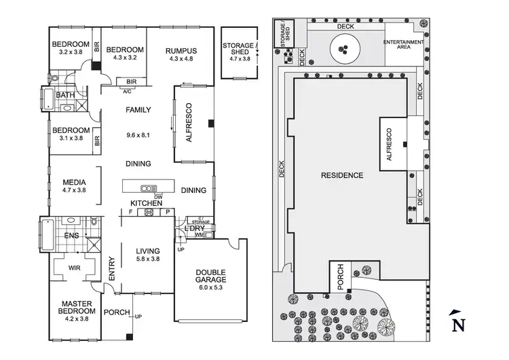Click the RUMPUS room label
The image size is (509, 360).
[180, 50]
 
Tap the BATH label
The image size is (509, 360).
[65, 95]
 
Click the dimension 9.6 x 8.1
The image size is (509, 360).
[138, 135]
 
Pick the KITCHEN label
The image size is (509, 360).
[146, 203]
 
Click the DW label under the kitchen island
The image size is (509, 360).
[158, 196]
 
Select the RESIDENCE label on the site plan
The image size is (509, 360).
[341, 175]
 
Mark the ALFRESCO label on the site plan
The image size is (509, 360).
[389, 144]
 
